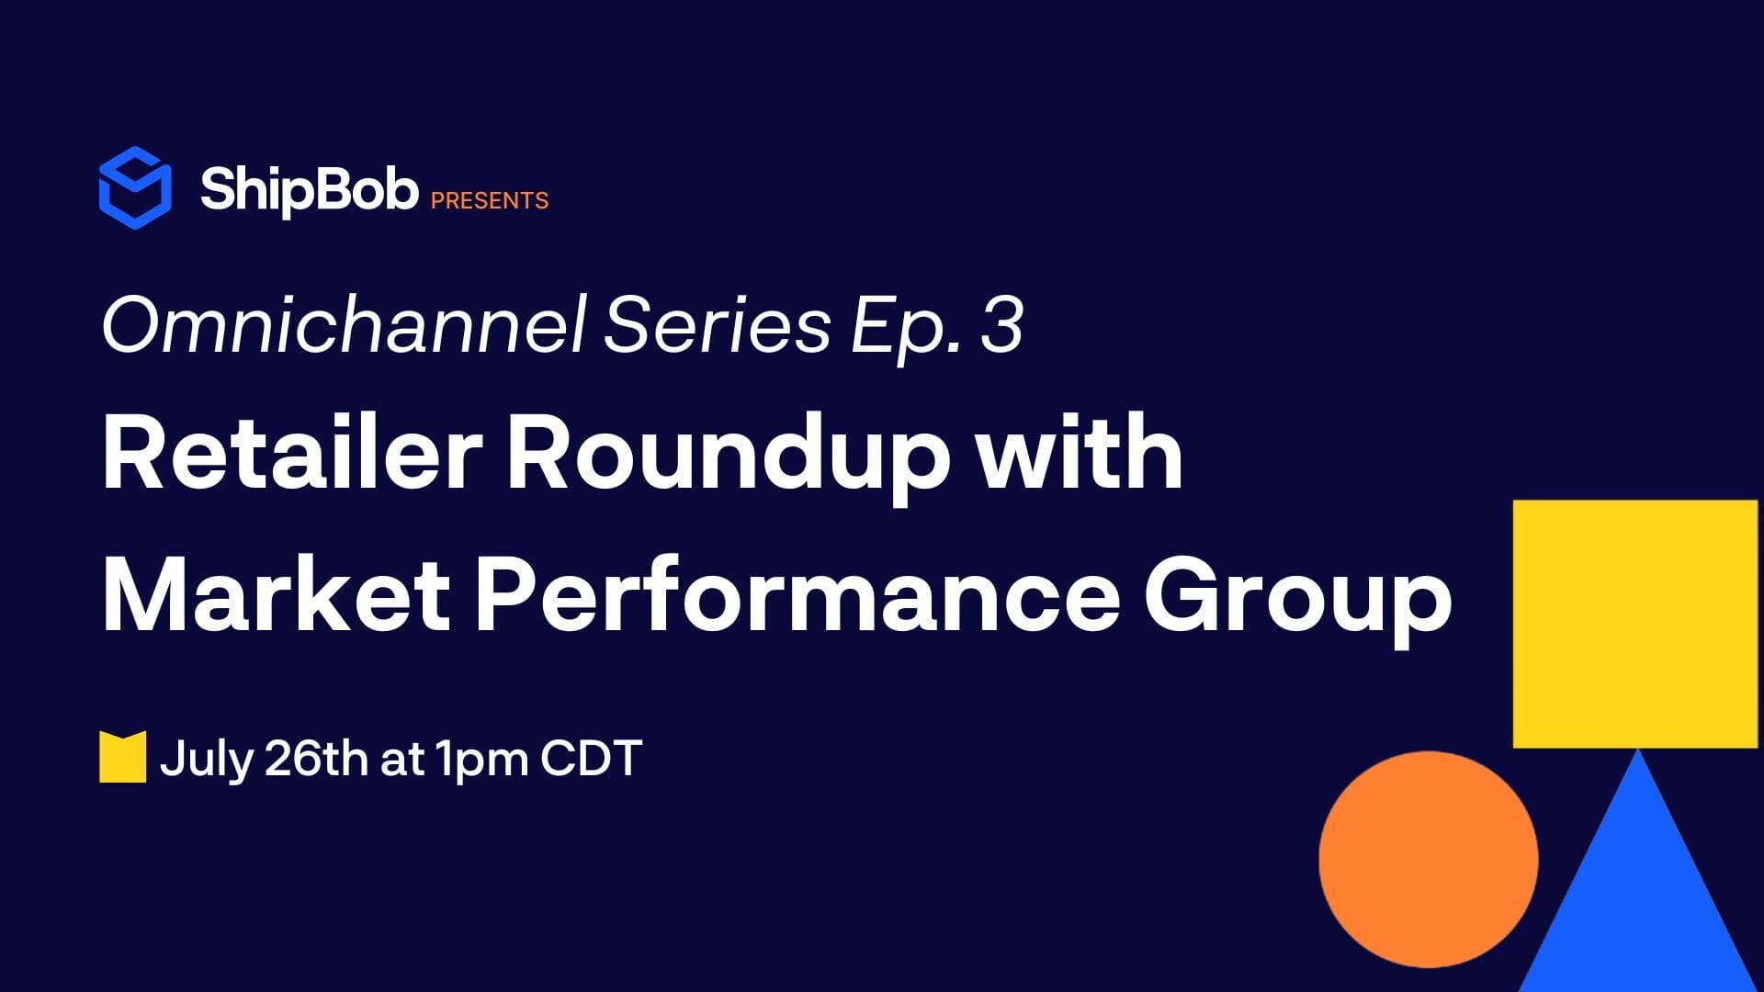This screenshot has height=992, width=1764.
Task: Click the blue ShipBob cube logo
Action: click(135, 187)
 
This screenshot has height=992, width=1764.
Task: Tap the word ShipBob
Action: click(309, 191)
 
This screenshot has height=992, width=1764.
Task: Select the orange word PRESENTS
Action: click(490, 200)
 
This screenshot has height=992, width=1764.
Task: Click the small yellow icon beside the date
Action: click(123, 758)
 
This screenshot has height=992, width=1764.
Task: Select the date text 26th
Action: click(315, 759)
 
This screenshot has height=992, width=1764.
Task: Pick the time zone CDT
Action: click(591, 759)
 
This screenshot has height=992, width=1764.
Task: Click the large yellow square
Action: click(1635, 624)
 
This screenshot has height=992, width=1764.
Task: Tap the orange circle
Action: click(1429, 859)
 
